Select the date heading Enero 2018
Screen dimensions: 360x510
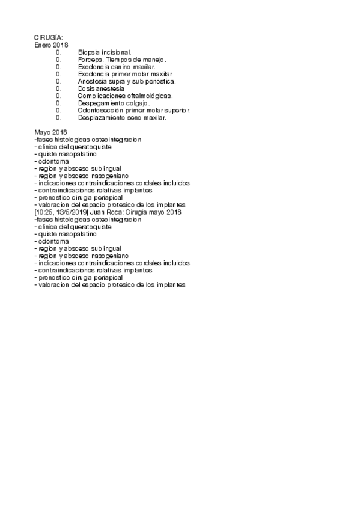(52, 45)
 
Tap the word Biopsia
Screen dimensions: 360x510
(89, 52)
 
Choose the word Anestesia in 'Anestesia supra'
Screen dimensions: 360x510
(93, 81)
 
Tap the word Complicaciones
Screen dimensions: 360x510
(100, 96)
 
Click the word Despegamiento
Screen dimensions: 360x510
(100, 103)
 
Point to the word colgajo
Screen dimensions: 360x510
(137, 103)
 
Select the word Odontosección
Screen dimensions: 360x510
(100, 111)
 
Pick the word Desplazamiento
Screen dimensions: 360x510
(102, 118)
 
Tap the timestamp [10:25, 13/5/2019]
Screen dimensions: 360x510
(61, 212)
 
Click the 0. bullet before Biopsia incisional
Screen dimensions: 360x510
(59, 52)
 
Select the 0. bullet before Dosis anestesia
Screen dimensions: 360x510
(59, 88)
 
